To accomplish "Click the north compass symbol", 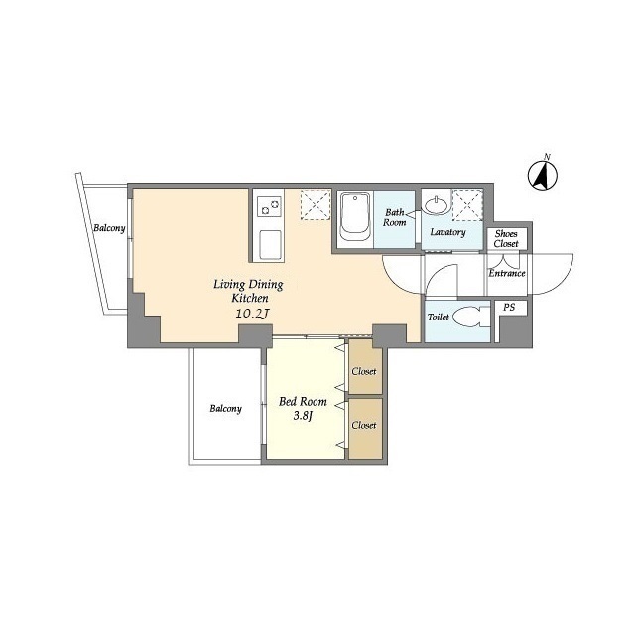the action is [x=543, y=175].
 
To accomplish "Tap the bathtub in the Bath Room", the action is [x=355, y=217].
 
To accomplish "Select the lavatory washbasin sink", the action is [x=437, y=205].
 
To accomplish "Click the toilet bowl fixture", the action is [x=471, y=317].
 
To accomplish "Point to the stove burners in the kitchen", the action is [x=270, y=207].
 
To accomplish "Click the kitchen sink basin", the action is [x=270, y=245].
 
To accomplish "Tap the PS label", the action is [x=509, y=307].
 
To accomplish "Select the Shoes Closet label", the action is [x=506, y=238].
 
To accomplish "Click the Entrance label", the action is [x=507, y=273].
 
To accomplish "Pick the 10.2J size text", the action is [x=253, y=314].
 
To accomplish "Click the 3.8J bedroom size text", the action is [x=303, y=416].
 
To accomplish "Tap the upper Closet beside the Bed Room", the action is [x=365, y=367].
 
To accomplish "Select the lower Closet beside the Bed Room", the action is [x=365, y=430].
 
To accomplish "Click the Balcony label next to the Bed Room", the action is [x=225, y=408].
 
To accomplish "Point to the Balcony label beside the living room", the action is [x=109, y=228].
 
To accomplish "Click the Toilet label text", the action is [x=439, y=317].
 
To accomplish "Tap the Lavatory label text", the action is [x=447, y=232].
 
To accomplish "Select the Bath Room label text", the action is [x=395, y=217].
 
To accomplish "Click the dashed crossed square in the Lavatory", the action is [x=467, y=205].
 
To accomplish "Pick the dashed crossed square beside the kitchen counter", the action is [x=316, y=204].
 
